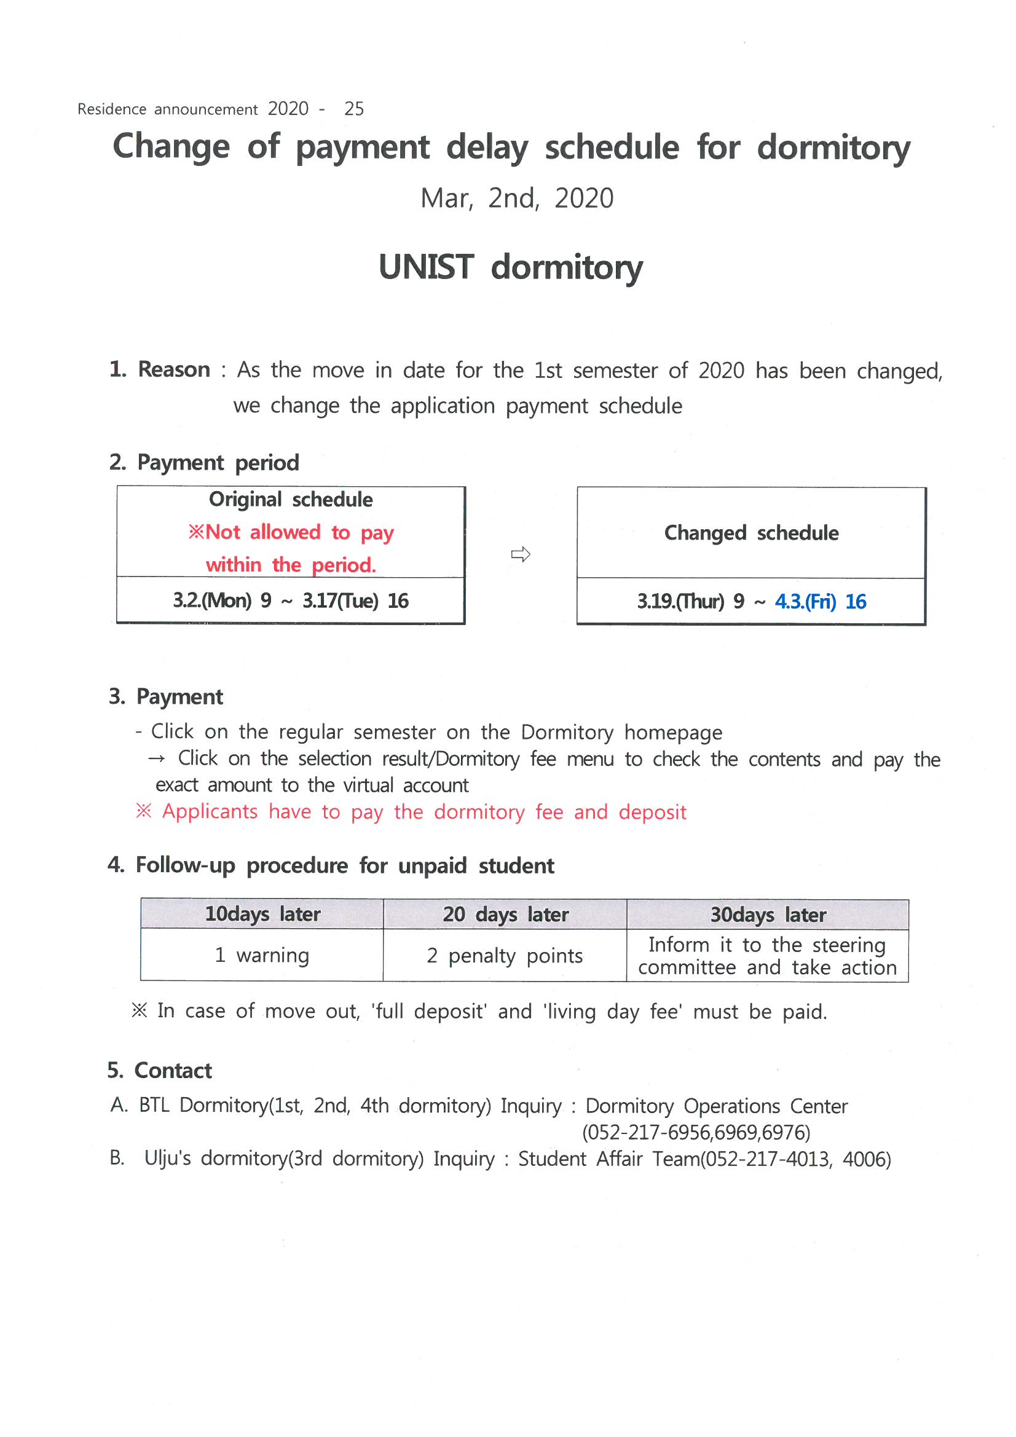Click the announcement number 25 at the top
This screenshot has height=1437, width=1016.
click(353, 109)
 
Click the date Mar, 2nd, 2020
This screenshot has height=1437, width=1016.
click(516, 199)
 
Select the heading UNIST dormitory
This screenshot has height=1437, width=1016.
click(510, 267)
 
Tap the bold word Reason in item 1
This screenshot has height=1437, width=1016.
click(173, 369)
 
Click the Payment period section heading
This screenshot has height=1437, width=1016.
click(205, 463)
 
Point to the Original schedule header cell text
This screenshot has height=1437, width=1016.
click(291, 500)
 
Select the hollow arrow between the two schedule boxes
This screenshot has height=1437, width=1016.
click(520, 554)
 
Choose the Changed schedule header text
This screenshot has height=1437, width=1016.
click(750, 533)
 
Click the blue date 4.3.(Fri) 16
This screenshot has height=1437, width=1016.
click(820, 602)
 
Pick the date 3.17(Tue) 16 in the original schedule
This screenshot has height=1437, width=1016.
click(355, 601)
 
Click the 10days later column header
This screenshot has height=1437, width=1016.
click(262, 915)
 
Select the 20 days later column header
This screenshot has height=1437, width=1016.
click(505, 915)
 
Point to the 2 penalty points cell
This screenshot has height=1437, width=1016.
click(505, 956)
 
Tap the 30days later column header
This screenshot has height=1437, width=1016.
click(768, 915)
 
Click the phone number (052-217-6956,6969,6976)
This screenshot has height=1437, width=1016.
click(696, 1132)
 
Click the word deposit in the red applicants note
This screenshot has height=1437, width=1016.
click(652, 812)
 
